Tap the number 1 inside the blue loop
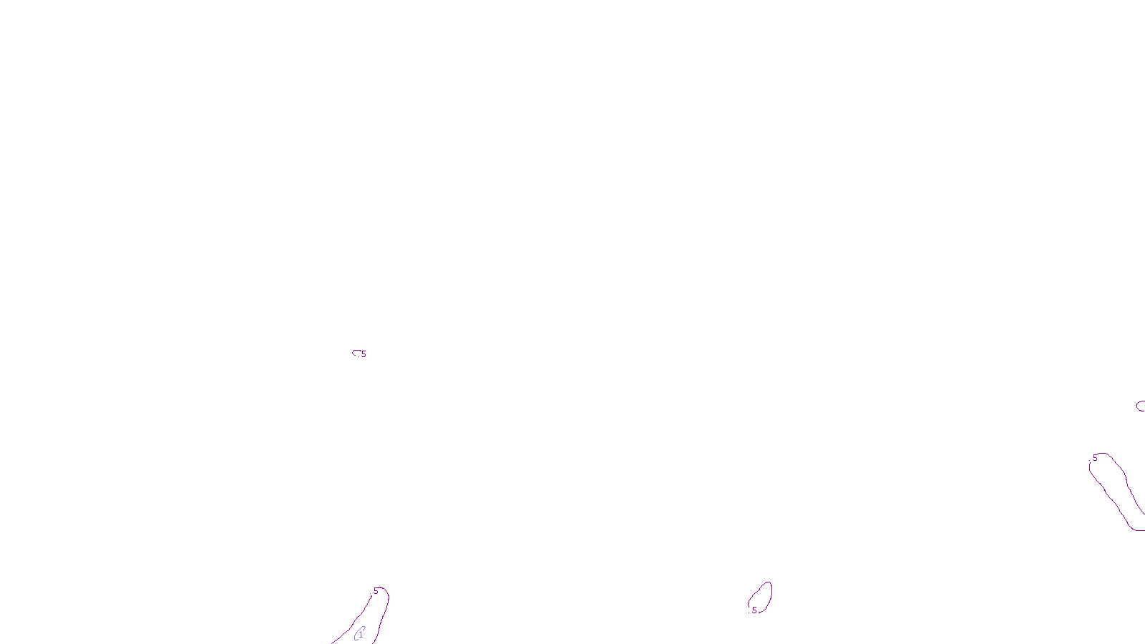pos(361,634)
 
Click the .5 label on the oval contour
pos(754,610)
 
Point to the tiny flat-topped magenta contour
pos(356,351)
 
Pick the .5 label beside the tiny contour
pos(364,354)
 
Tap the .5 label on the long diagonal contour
pos(1094,458)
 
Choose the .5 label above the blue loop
pos(375,591)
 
